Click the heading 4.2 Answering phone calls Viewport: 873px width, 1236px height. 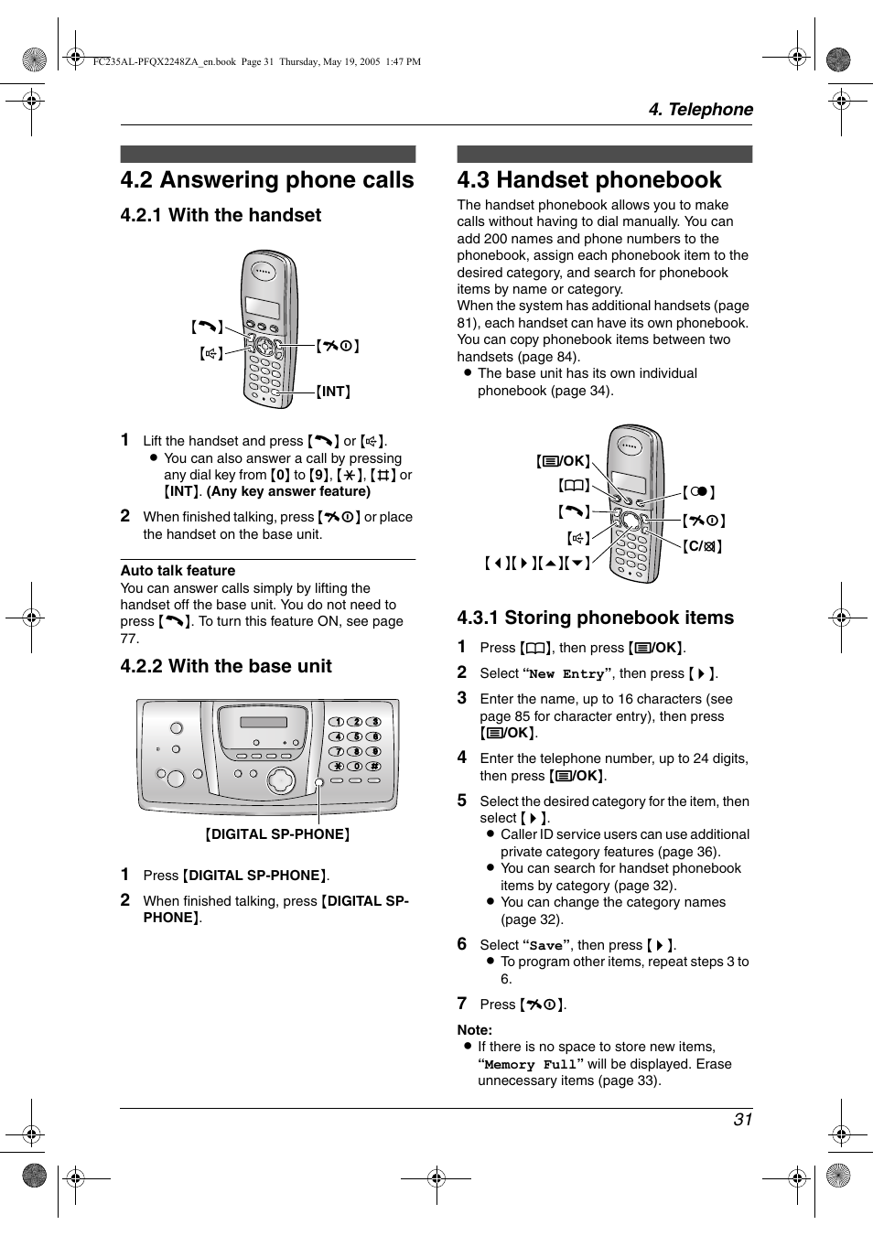click(267, 180)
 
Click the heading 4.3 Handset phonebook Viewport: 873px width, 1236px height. click(589, 180)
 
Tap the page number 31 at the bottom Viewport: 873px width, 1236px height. click(742, 1120)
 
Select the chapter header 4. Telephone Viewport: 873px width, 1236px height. click(700, 110)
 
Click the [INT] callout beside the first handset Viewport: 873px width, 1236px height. click(334, 392)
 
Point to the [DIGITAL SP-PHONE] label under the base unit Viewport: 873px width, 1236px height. click(277, 834)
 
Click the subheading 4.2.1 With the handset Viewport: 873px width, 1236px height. click(221, 216)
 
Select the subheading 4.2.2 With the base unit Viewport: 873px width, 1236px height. click(226, 667)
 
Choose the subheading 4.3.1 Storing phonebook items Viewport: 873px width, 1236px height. click(595, 618)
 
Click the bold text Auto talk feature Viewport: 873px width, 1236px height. click(178, 571)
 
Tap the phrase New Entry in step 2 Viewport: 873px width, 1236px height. click(566, 674)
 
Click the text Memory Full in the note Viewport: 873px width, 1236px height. click(530, 1065)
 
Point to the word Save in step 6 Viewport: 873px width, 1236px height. click(545, 946)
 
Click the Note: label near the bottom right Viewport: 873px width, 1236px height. click(474, 1030)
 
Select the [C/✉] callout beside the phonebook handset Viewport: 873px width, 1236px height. click(703, 546)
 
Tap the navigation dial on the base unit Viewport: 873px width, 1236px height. click(281, 780)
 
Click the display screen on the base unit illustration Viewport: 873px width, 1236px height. click(264, 723)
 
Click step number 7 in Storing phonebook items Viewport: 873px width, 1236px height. click(462, 1004)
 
